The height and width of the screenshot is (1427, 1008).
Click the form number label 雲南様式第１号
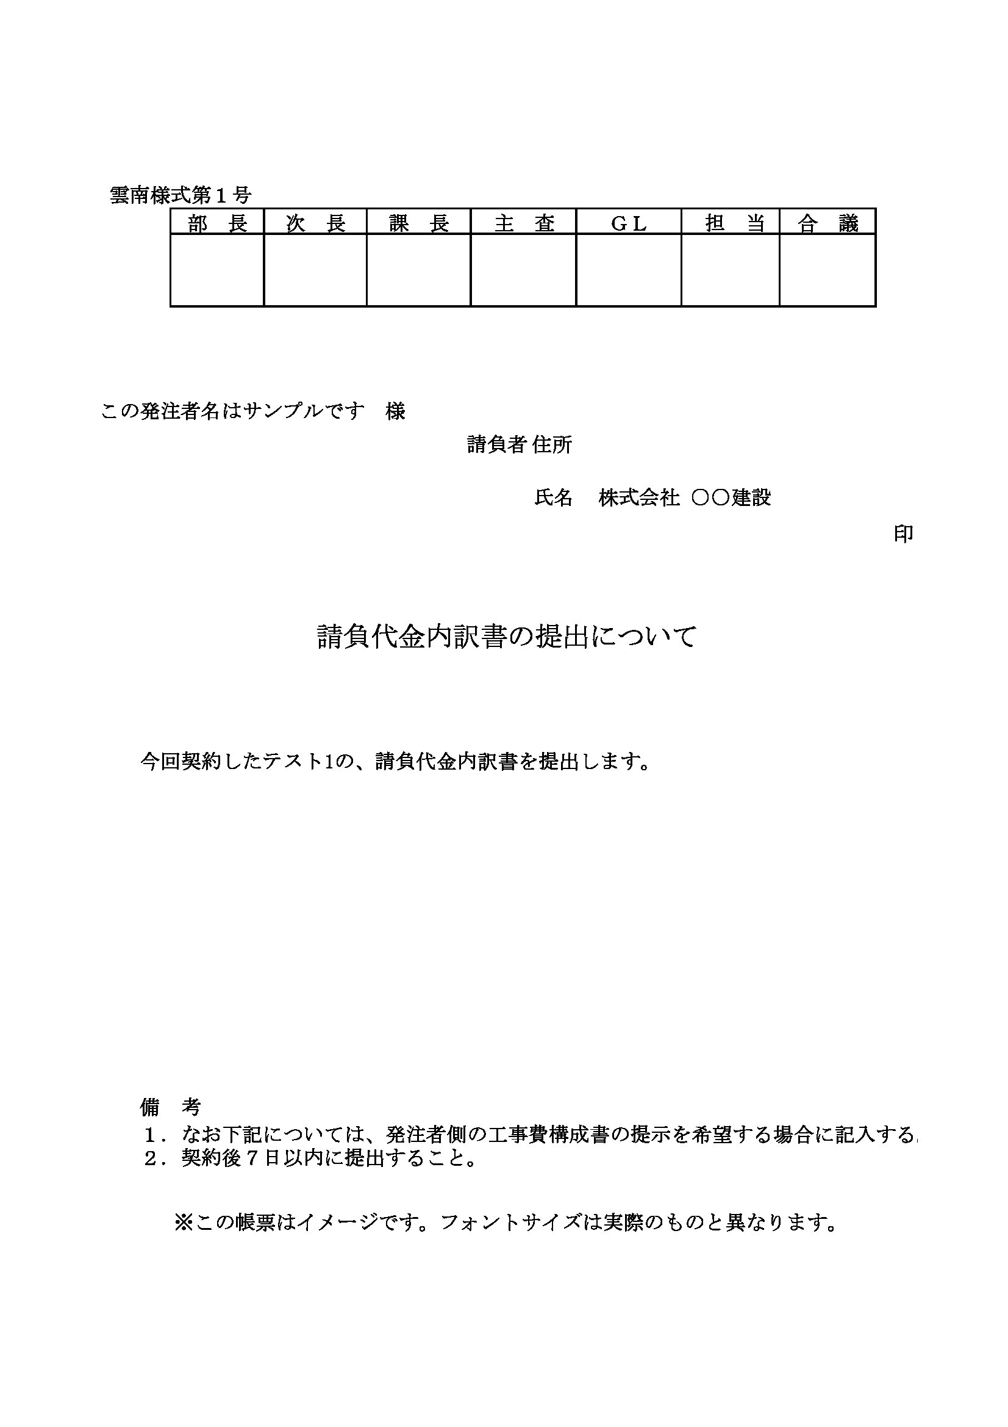point(180,195)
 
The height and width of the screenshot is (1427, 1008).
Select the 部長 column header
point(217,223)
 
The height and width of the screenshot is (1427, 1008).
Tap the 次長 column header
point(315,223)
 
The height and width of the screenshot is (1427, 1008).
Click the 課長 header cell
point(418,223)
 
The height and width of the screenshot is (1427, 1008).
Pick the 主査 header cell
point(524,223)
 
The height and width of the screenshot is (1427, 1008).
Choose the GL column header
point(629,223)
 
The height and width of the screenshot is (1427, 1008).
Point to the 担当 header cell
point(731,223)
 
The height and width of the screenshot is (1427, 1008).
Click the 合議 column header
point(827,223)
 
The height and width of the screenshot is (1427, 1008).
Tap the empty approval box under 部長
point(217,270)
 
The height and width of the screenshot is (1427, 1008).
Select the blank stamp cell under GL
point(629,270)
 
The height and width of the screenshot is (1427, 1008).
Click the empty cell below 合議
point(827,270)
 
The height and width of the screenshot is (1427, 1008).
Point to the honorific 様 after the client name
point(396,411)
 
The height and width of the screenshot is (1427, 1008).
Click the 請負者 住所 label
point(519,445)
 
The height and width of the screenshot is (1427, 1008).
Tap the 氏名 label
point(552,498)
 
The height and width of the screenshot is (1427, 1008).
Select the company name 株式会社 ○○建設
point(684,498)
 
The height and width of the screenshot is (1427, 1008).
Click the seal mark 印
point(903,534)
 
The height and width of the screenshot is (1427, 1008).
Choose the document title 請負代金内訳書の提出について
point(507,637)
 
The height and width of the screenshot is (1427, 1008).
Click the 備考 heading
point(170,1107)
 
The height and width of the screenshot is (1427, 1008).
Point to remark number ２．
point(155,1158)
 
